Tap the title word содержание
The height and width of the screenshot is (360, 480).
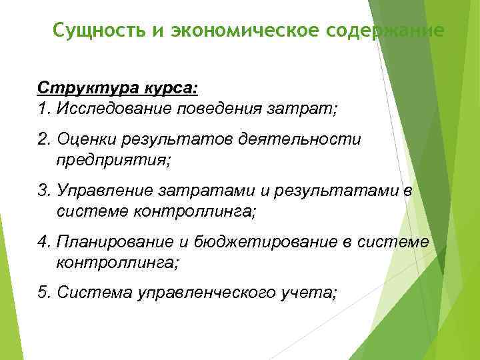(395, 31)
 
